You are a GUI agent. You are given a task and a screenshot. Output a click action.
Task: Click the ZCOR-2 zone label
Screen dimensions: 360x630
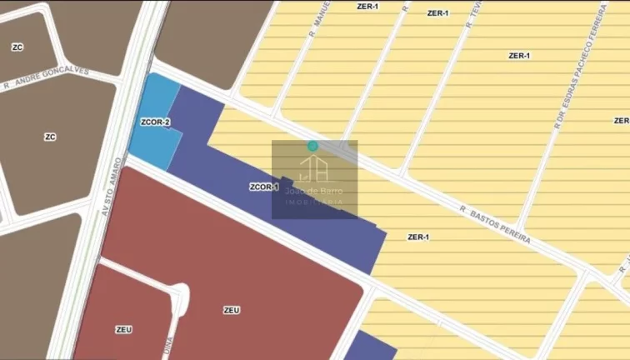pyautogui.click(x=156, y=123)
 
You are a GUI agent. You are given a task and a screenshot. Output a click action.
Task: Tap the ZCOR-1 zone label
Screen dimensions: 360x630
pyautogui.click(x=263, y=187)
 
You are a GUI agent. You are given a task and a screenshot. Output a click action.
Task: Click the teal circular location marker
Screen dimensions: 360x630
pyautogui.click(x=312, y=146)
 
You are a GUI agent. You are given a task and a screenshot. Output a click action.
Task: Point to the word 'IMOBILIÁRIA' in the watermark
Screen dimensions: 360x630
pyautogui.click(x=314, y=202)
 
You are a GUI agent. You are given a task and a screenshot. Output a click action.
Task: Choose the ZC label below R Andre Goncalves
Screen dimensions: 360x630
pyautogui.click(x=50, y=137)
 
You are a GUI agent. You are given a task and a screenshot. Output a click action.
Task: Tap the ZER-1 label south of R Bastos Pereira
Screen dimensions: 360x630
pyautogui.click(x=418, y=237)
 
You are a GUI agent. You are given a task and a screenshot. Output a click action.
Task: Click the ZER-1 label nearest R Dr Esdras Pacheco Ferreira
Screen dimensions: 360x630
pyautogui.click(x=519, y=56)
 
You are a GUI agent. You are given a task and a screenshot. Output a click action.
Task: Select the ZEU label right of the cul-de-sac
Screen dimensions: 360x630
pyautogui.click(x=232, y=310)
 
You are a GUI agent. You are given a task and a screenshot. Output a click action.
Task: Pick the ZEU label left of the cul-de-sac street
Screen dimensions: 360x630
pyautogui.click(x=123, y=330)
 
